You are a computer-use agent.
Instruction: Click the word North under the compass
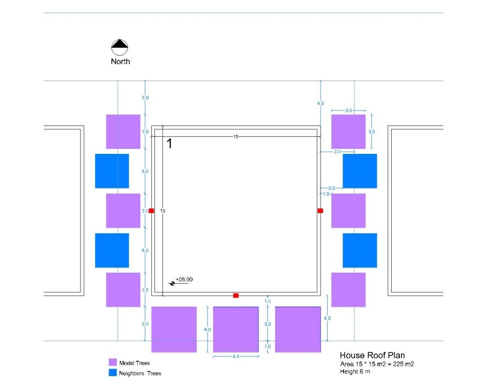click(121, 61)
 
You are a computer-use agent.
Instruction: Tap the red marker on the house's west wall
click(151, 211)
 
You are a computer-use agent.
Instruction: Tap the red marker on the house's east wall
click(320, 211)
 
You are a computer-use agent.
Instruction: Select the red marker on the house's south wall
click(236, 295)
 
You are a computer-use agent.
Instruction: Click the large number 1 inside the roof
click(169, 143)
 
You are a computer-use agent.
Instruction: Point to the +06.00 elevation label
click(184, 279)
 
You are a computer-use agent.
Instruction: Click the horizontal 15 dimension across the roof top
click(236, 136)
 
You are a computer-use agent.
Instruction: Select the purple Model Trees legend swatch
click(112, 363)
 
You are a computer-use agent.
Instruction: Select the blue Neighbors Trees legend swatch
click(112, 373)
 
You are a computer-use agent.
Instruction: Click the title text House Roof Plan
click(372, 355)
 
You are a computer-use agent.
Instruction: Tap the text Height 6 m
click(355, 371)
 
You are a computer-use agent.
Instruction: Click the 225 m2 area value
click(403, 364)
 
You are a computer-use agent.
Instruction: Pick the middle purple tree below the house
click(236, 330)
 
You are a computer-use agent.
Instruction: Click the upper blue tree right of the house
click(360, 171)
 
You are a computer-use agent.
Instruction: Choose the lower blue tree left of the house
click(112, 250)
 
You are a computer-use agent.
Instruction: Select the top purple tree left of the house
click(123, 131)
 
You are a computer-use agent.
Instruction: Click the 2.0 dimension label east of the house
click(331, 188)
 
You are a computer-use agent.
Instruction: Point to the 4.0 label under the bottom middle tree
click(236, 357)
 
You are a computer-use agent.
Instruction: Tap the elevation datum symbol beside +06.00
click(173, 284)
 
